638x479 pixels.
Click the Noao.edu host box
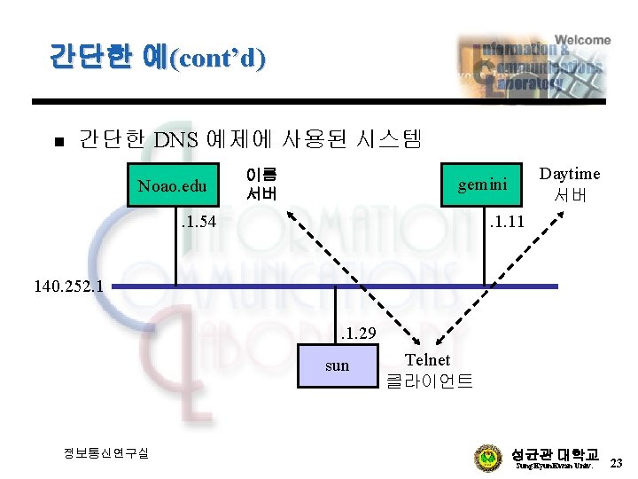[x=172, y=185]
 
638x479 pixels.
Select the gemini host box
[x=482, y=185]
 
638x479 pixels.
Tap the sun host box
[x=337, y=365]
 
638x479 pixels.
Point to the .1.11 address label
[x=508, y=221]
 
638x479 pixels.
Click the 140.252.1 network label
[x=68, y=287]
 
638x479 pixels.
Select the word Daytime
[x=570, y=174]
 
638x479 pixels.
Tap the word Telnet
[x=427, y=360]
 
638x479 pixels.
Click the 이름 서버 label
[x=261, y=184]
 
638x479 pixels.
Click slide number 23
[x=617, y=462]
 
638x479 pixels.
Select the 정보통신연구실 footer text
[x=106, y=453]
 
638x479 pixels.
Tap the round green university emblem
[x=488, y=459]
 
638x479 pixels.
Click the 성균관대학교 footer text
[x=556, y=452]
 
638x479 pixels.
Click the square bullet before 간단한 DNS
[x=56, y=142]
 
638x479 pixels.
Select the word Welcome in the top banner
[x=583, y=40]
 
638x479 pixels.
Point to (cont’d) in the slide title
[x=217, y=59]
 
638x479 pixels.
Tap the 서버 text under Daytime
[x=571, y=195]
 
